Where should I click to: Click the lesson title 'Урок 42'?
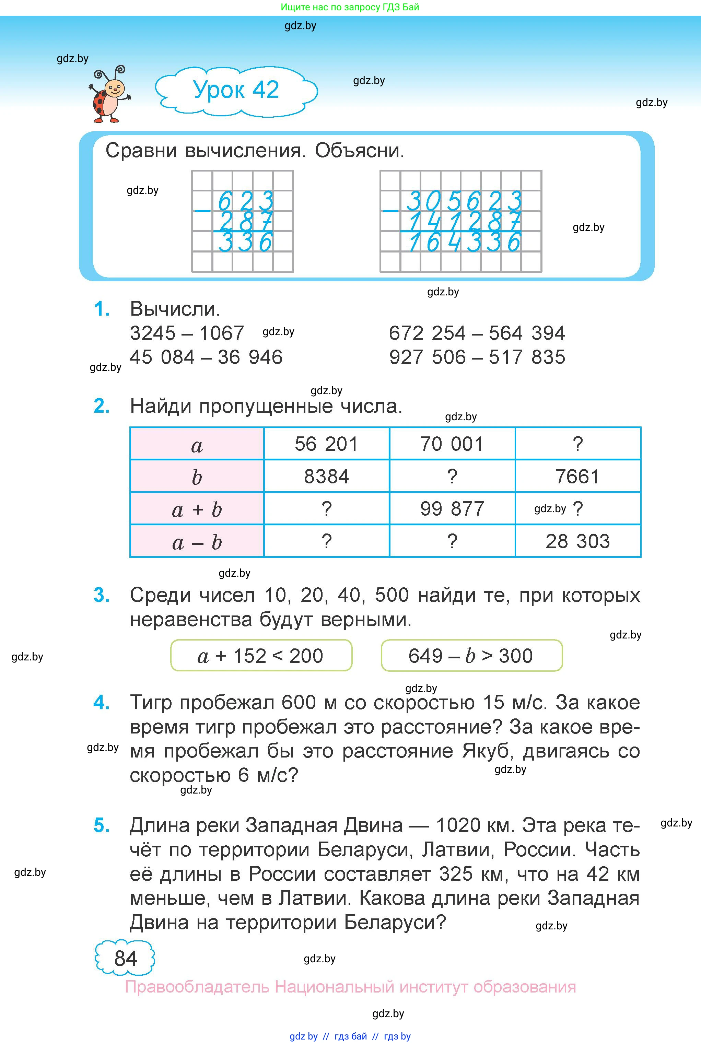click(236, 90)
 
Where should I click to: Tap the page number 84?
click(125, 958)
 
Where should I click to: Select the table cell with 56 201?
click(326, 444)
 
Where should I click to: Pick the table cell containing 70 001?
click(452, 444)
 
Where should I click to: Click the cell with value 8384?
click(326, 477)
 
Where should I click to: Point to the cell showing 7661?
click(577, 477)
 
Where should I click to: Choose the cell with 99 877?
click(452, 509)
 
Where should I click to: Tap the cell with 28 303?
click(577, 541)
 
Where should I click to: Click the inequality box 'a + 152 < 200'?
click(261, 656)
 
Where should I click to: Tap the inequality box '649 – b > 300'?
click(471, 656)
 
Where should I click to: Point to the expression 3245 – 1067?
click(187, 333)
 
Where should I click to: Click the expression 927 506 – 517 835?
click(477, 357)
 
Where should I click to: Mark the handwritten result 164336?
click(465, 242)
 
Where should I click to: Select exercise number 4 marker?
click(102, 703)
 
